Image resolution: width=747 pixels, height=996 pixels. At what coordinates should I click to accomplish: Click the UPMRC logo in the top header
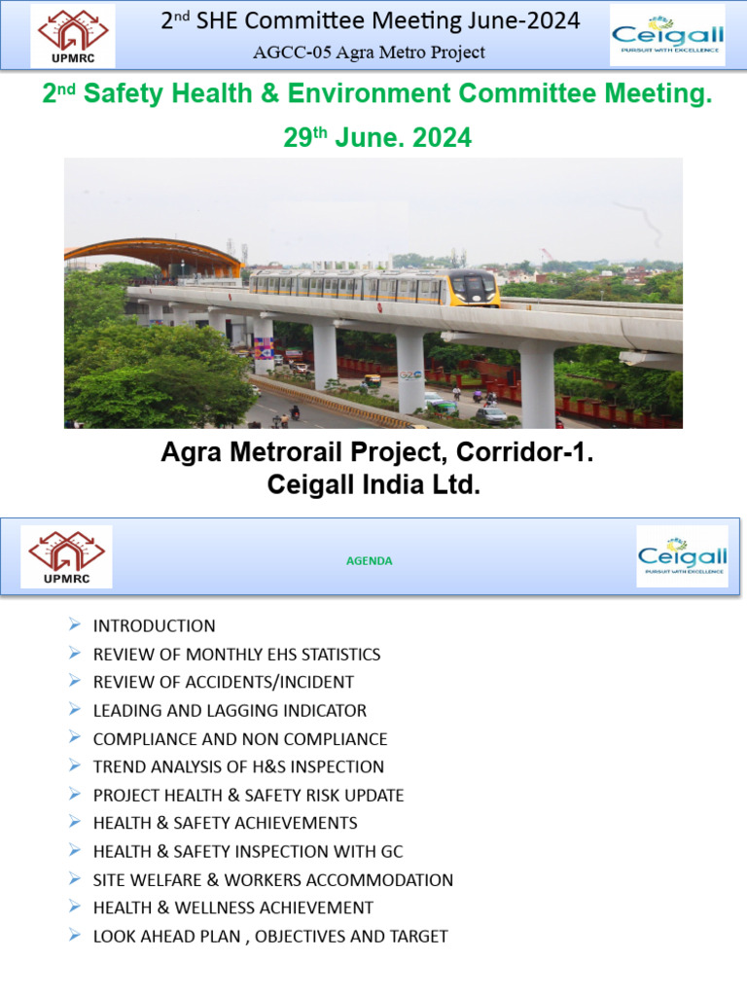tap(74, 34)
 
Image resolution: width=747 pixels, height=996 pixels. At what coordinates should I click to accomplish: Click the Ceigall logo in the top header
tap(667, 35)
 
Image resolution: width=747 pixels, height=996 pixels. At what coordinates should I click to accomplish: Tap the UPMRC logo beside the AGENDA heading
tap(67, 556)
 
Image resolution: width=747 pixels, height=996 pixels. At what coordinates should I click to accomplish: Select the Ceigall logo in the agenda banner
tap(682, 556)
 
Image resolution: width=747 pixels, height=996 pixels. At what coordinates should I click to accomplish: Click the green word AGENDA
tap(370, 561)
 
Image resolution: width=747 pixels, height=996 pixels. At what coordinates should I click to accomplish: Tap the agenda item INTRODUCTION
tap(154, 626)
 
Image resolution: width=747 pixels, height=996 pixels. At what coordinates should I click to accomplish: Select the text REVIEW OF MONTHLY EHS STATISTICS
tap(236, 655)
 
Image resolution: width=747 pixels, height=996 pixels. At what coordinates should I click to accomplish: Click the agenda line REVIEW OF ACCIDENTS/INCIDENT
tap(223, 683)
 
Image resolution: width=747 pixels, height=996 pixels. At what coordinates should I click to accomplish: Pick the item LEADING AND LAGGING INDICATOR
tap(230, 711)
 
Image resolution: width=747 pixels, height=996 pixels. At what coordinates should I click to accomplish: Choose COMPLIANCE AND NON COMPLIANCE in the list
tap(240, 739)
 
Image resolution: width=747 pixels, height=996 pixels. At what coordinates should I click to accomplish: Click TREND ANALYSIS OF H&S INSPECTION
tap(238, 767)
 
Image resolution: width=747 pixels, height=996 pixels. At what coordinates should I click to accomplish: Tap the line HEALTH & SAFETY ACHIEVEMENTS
tap(225, 824)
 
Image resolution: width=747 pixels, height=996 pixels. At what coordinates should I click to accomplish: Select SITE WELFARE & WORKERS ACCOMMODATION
tap(272, 880)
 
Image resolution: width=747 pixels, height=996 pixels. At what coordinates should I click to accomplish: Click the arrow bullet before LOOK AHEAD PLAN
tap(76, 936)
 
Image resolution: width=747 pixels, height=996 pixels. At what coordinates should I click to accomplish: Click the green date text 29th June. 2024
tap(377, 138)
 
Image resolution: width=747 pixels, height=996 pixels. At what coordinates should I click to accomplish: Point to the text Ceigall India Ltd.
tap(373, 484)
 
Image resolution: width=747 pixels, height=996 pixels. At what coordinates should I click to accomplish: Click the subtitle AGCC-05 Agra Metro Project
tap(369, 52)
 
